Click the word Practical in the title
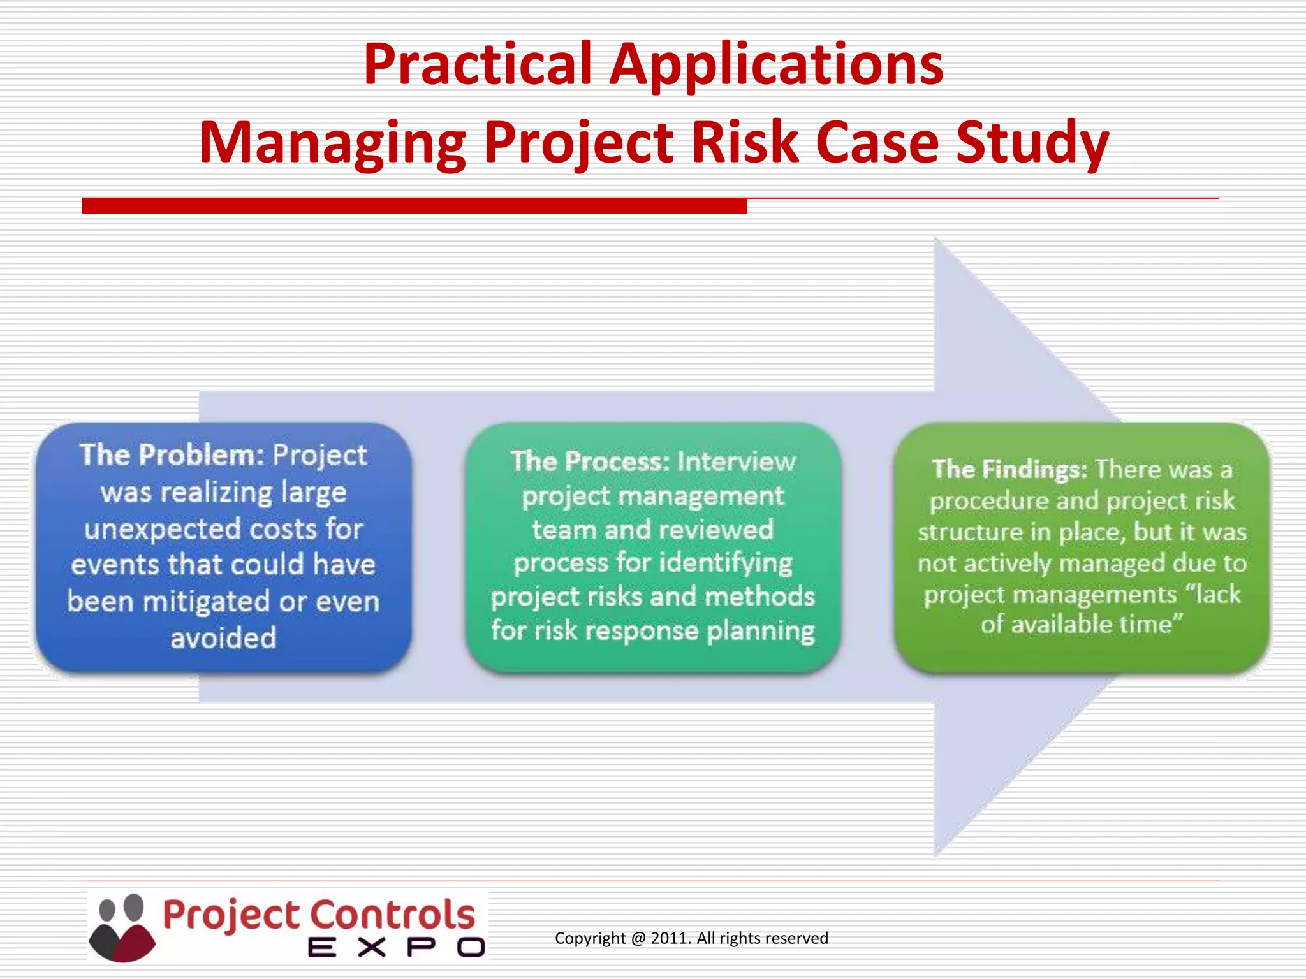pos(478,64)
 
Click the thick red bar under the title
pos(415,206)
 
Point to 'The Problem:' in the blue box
pos(172,454)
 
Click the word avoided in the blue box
pos(223,637)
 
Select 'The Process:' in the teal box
pos(590,461)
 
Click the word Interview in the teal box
pos(737,461)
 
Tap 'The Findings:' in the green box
pos(1009,469)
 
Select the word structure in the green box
pos(969,532)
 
